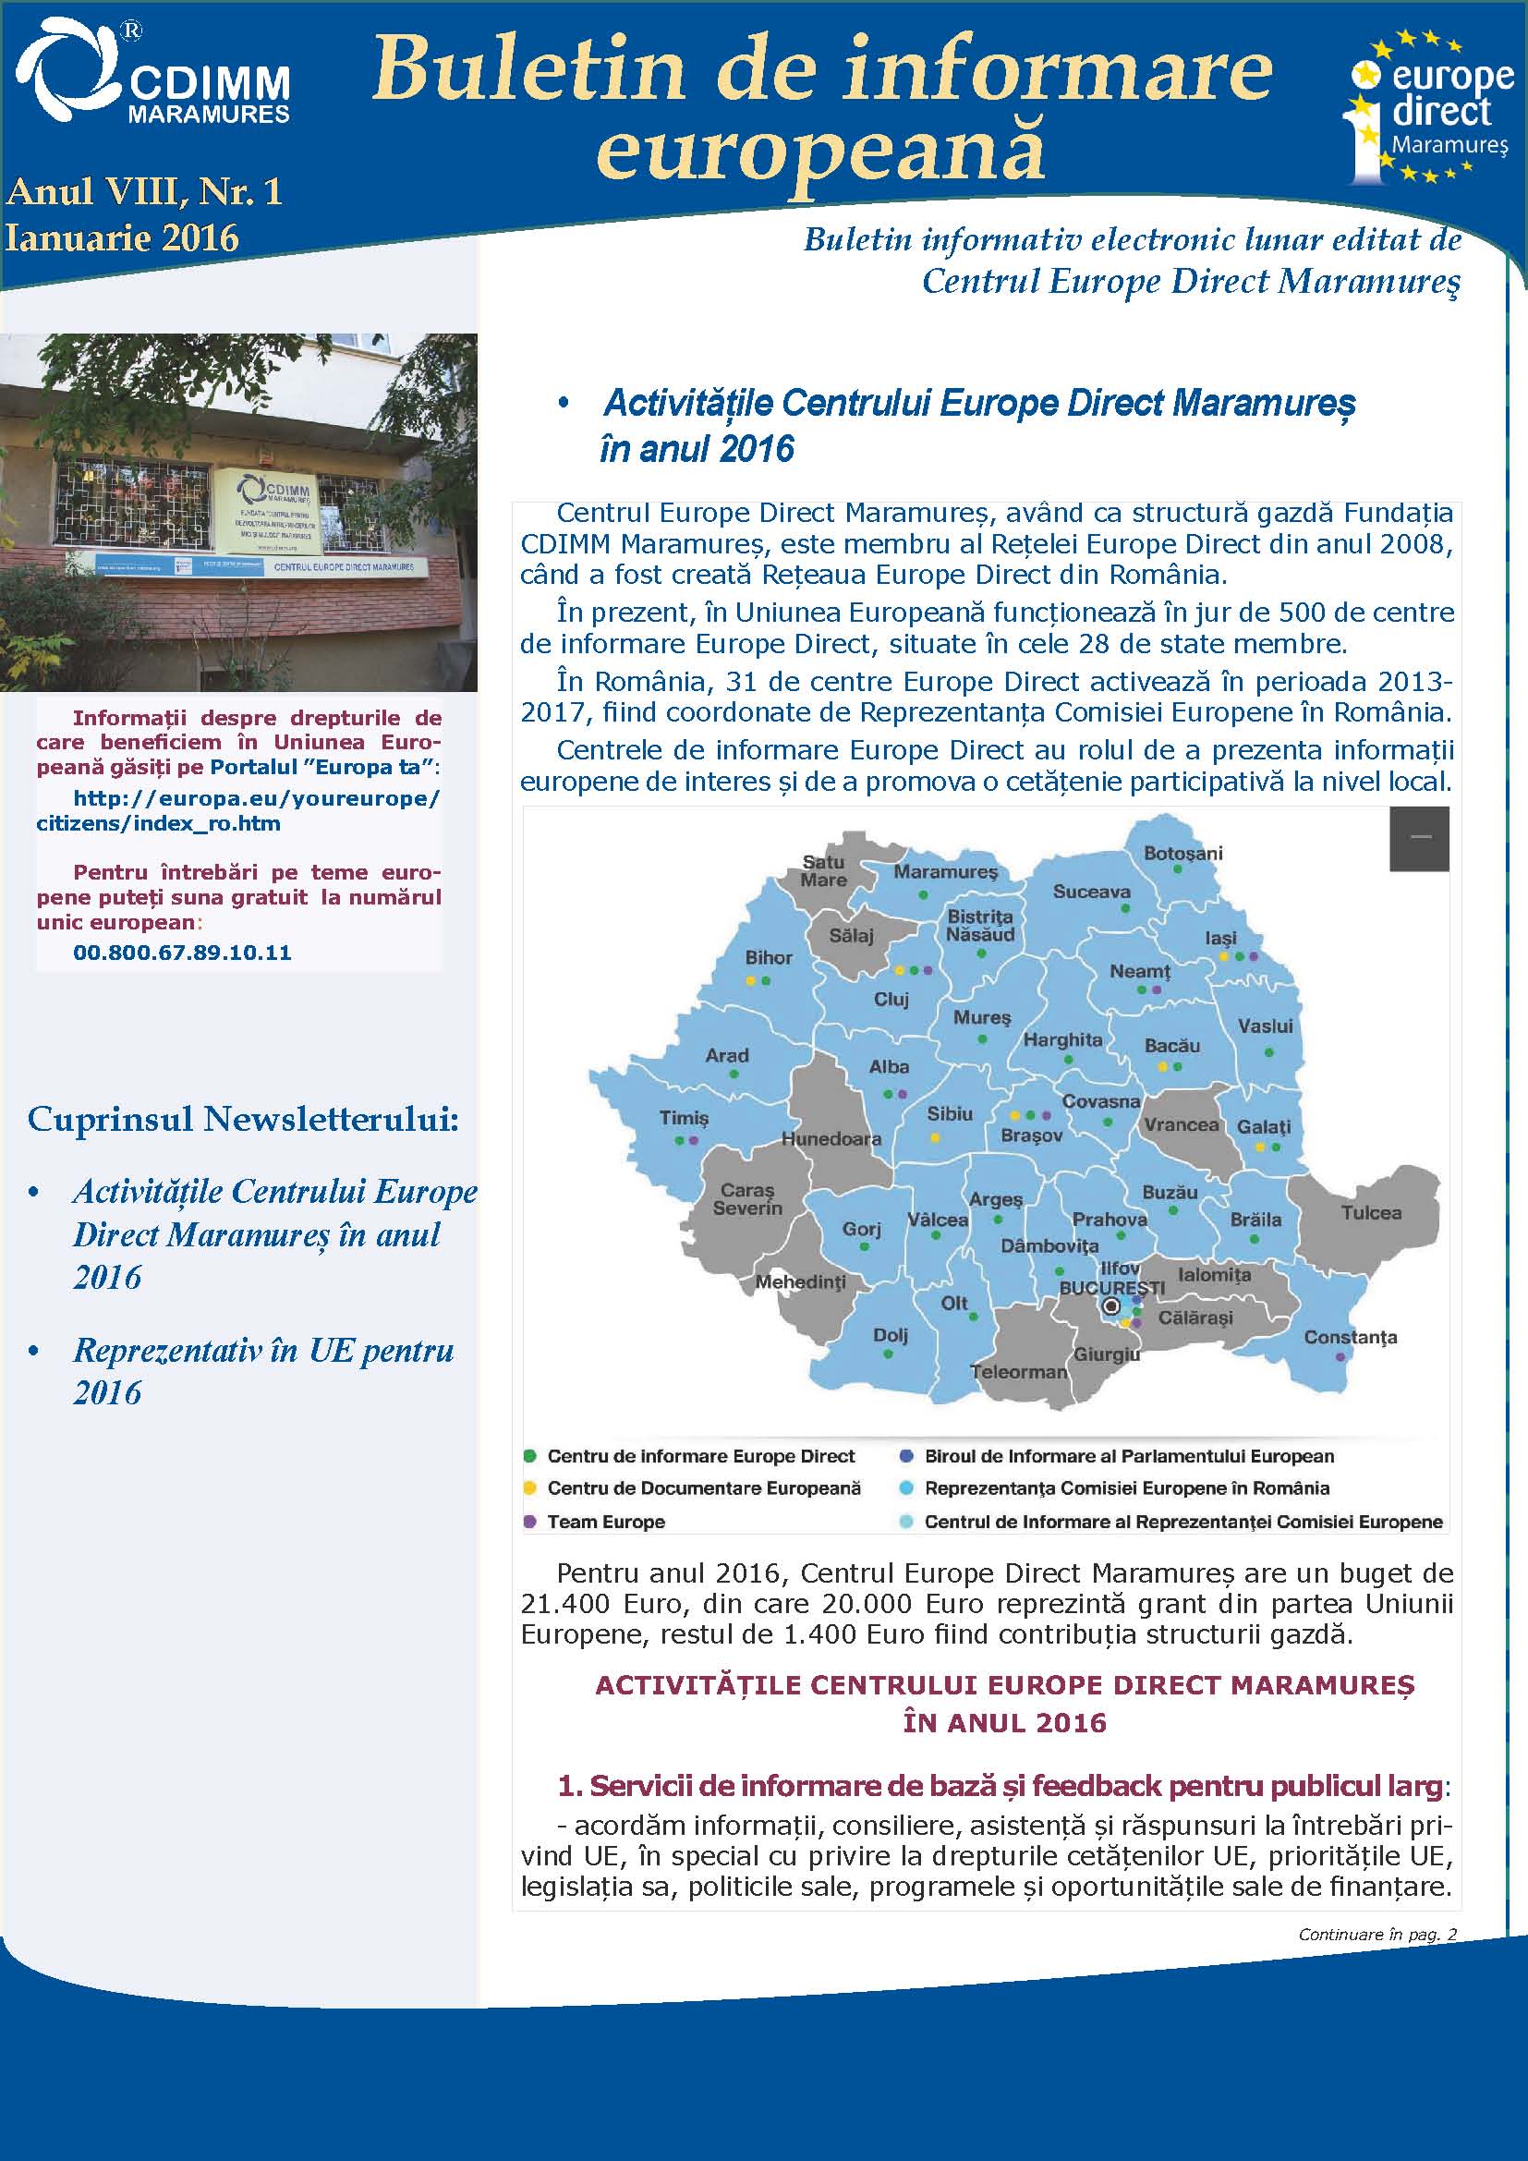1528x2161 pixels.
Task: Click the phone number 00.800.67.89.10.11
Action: pos(183,953)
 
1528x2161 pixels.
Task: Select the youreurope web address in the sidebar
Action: pos(238,811)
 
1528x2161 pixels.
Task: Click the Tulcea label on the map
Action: pos(1371,1213)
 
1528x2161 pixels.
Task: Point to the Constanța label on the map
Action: pos(1351,1338)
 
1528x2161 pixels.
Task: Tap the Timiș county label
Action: pos(684,1118)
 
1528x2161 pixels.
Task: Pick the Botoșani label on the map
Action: pos(1182,854)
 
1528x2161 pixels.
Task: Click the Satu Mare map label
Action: pos(823,870)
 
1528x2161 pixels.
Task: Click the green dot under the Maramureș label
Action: pos(923,895)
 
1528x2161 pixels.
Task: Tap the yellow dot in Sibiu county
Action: pos(935,1138)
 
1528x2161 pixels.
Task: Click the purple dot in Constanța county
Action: pos(1340,1357)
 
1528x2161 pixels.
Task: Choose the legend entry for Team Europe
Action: pos(606,1522)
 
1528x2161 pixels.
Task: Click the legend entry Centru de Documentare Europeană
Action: pos(703,1488)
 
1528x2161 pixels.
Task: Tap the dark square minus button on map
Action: pos(1419,838)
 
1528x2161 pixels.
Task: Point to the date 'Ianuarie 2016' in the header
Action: pos(122,237)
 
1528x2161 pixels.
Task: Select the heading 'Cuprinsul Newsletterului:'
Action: pos(243,1118)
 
